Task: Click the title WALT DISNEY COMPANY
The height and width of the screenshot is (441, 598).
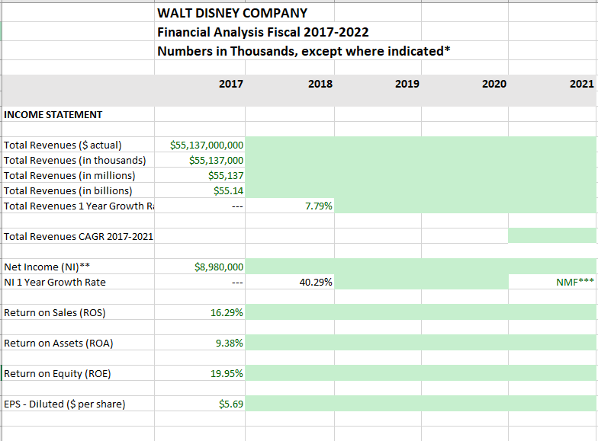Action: point(232,13)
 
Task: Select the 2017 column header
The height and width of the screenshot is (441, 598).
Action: point(230,84)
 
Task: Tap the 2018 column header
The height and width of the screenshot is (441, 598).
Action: point(320,84)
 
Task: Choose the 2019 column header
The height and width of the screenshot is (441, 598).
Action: point(407,84)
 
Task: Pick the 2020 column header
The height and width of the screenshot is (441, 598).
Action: point(494,84)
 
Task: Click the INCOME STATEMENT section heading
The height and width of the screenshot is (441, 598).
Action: point(53,114)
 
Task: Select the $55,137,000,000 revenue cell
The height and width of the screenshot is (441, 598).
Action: point(207,145)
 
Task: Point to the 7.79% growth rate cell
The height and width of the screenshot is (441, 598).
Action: point(317,206)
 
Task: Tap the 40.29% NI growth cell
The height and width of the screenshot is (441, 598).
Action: point(315,282)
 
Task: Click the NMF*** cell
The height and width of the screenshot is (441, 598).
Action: point(575,282)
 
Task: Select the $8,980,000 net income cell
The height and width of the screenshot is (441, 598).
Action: point(219,267)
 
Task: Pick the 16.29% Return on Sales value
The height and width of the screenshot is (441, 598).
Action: point(227,312)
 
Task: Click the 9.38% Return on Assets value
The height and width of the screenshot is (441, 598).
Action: point(229,343)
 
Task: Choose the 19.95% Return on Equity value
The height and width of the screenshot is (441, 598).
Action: point(227,373)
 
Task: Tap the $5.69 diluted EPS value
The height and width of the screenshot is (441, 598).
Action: point(231,404)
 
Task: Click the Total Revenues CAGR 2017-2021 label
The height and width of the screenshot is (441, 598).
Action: point(78,236)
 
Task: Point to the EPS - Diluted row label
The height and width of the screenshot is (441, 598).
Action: point(64,404)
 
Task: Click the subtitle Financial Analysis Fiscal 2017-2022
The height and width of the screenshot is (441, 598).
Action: point(263,32)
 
